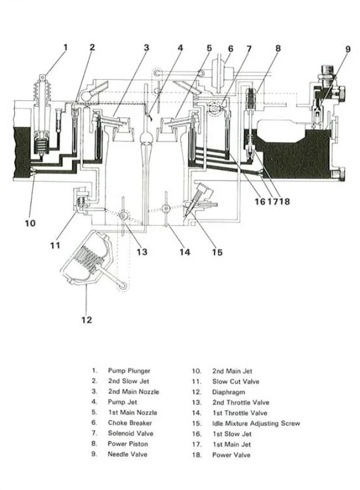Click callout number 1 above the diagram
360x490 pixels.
tap(65, 48)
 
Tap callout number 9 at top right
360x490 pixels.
tap(347, 49)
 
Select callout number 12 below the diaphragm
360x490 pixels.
tap(87, 320)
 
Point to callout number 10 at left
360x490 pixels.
tap(30, 223)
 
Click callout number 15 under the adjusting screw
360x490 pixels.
tap(217, 252)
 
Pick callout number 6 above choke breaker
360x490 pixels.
tap(230, 49)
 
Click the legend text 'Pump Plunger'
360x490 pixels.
tap(129, 371)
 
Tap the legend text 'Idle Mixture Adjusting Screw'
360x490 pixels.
tap(256, 423)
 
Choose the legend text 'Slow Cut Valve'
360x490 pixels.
tap(236, 382)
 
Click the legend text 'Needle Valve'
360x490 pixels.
tap(127, 454)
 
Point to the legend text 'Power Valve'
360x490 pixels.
tap(231, 454)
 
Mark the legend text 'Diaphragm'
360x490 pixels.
tap(229, 392)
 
